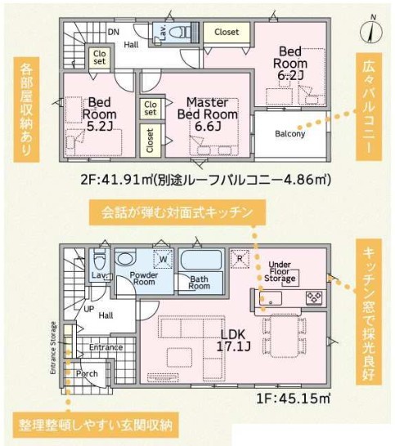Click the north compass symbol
tap(370, 30)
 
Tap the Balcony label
tap(290, 133)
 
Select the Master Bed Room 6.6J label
tap(208, 114)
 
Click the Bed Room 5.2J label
tap(99, 114)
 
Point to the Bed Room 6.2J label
tap(290, 63)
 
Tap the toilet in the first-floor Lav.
tap(99, 261)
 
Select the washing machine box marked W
tap(164, 259)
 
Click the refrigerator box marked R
tap(240, 259)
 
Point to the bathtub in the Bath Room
tap(201, 260)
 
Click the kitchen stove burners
tap(314, 297)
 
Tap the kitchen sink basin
tap(270, 298)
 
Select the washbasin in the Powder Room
tap(124, 259)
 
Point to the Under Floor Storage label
tap(280, 271)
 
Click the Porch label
tap(87, 373)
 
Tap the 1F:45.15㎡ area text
tap(294, 399)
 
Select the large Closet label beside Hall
tap(227, 32)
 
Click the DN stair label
tap(114, 32)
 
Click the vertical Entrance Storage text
tap(53, 348)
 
